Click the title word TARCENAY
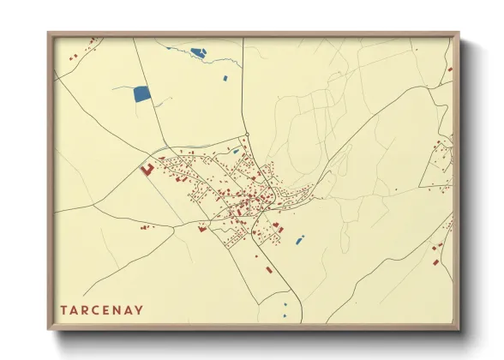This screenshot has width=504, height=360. click(x=101, y=309)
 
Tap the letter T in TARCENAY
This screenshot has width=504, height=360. click(x=63, y=309)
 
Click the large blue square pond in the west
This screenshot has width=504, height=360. click(x=141, y=94)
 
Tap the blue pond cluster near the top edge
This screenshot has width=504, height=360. click(x=198, y=52)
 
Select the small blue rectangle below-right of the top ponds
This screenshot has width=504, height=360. click(x=225, y=79)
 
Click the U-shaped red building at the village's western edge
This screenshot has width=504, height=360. click(x=147, y=170)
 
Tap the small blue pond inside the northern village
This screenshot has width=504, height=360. click(x=236, y=152)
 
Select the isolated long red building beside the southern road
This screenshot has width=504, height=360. click(x=269, y=269)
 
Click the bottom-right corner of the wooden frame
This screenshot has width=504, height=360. click(x=459, y=329)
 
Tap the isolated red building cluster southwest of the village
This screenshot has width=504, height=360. click(x=145, y=227)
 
